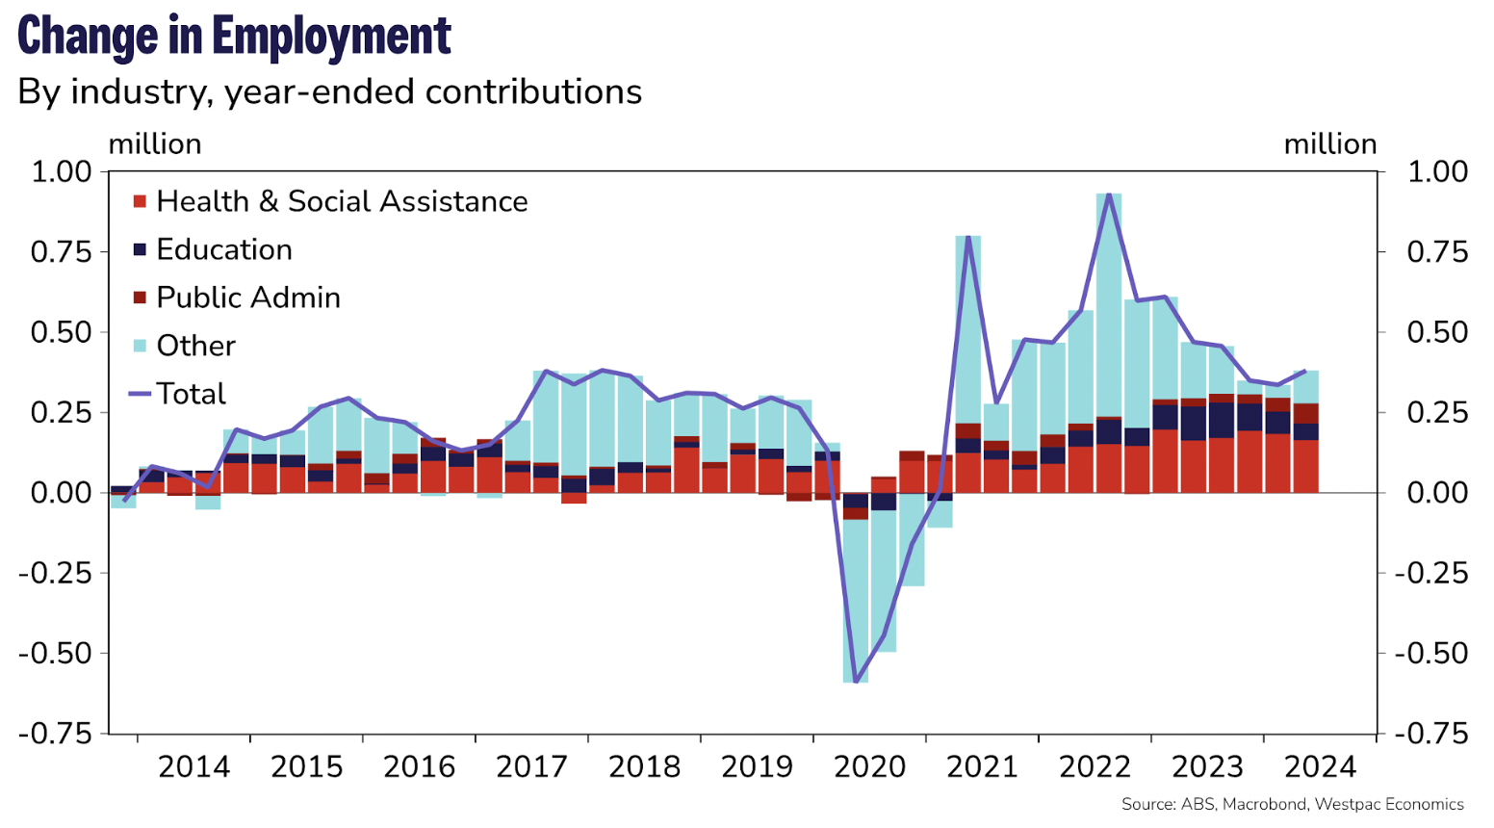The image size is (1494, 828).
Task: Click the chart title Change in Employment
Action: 234,36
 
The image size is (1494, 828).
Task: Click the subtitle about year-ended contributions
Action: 329,92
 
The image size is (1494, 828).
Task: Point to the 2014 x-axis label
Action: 193,767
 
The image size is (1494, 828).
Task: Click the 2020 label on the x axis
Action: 869,767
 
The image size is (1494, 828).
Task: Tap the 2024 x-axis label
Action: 1320,767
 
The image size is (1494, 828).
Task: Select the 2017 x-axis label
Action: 531,767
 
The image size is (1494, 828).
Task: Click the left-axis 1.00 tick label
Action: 62,172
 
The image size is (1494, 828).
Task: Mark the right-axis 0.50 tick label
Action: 1437,333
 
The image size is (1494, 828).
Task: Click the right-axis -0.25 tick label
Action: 1432,573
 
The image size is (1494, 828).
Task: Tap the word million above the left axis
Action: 155,144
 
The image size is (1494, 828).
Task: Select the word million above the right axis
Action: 1330,144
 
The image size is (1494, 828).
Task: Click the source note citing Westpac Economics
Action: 1292,805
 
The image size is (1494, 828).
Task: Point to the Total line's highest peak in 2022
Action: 1109,194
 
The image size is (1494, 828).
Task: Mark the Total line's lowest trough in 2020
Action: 856,681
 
